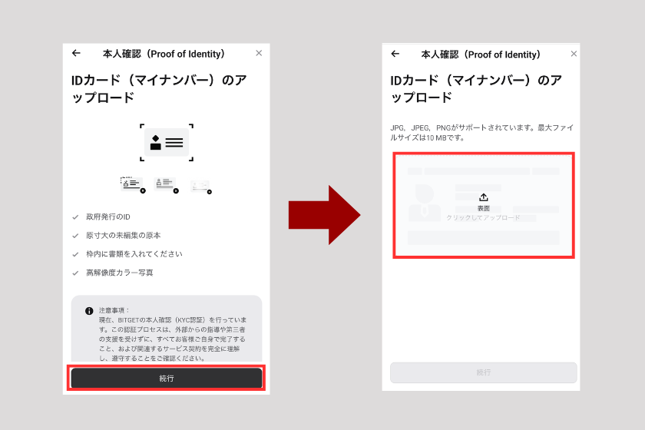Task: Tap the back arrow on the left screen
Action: click(76, 54)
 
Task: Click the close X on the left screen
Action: click(259, 54)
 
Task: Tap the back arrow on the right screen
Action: click(395, 55)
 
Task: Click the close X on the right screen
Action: click(574, 55)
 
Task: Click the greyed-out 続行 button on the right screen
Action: click(483, 372)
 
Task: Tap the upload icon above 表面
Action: click(483, 197)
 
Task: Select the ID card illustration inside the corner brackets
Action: click(167, 143)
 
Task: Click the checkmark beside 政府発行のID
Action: click(75, 217)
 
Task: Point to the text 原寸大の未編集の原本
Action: click(123, 236)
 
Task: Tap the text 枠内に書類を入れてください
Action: click(134, 254)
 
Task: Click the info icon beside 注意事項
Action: click(89, 311)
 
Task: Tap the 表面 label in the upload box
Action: click(483, 208)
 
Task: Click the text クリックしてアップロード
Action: click(483, 218)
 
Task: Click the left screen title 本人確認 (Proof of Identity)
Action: click(164, 54)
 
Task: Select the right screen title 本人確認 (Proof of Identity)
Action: click(481, 55)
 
